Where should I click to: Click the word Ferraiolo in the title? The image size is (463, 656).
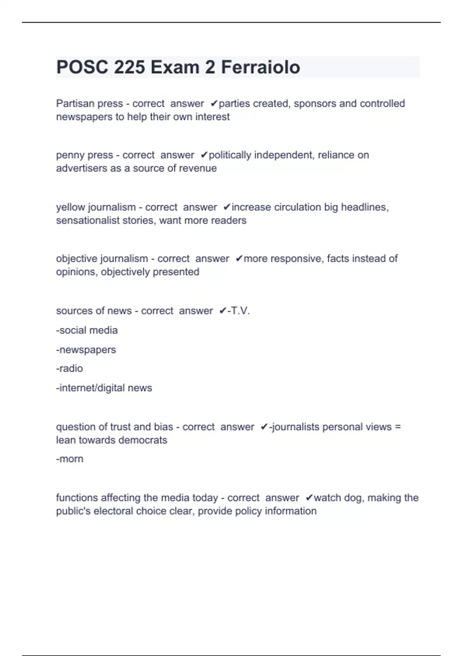coord(260,67)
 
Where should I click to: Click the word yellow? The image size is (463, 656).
coord(71,207)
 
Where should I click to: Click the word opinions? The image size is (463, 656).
coord(77,272)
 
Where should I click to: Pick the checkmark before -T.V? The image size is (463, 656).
coord(223,311)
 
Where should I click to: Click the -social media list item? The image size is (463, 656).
coord(87,330)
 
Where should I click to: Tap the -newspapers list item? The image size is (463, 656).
coord(86,350)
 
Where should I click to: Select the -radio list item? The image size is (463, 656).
coord(69,369)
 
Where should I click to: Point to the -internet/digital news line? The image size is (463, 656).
coord(104,388)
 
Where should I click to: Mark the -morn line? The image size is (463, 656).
coord(70,459)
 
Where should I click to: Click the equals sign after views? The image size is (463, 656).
coord(398,427)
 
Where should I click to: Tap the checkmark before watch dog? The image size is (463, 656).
coord(309,498)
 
